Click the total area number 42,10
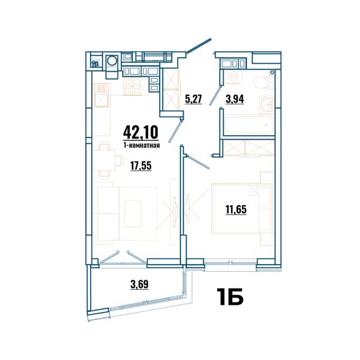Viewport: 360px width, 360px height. pos(141,133)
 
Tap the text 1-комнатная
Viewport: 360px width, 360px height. pos(142,145)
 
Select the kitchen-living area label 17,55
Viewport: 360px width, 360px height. pos(141,166)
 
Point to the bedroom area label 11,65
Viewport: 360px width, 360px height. pos(236,209)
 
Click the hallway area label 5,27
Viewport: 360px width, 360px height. pos(193,100)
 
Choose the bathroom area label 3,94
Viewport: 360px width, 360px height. pos(235,99)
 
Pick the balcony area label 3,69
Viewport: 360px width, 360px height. pos(139,284)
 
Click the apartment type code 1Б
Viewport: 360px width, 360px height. pos(230,296)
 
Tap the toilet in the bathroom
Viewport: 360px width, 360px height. pos(262,82)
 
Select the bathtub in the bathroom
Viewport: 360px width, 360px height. pos(248,124)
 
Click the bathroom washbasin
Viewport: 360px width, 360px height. pos(267,104)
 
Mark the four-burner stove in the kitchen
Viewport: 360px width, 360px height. pos(133,86)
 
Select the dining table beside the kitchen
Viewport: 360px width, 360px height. pos(104,160)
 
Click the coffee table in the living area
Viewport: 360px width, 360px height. pos(133,214)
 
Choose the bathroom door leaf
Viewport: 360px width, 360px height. pos(216,95)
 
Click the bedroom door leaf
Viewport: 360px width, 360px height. pos(198,162)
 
